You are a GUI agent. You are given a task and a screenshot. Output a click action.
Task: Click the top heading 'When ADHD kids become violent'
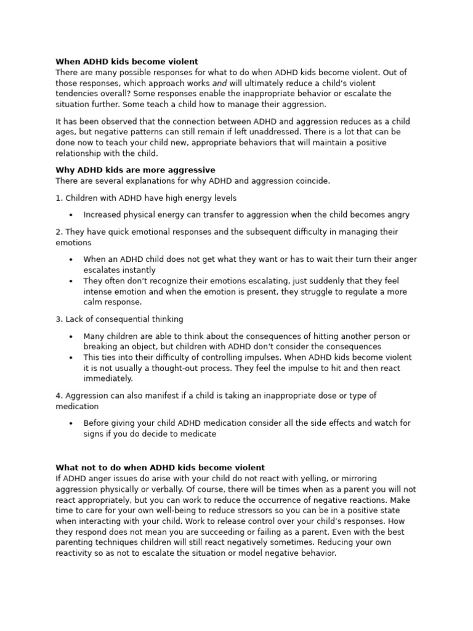click(127, 62)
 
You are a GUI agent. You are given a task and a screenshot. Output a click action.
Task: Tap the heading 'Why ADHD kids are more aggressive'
click(135, 170)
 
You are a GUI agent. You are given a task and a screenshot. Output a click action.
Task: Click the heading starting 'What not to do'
click(160, 468)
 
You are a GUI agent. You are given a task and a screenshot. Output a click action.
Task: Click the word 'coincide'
click(312, 181)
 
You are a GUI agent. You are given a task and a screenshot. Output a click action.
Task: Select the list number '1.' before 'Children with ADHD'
click(59, 198)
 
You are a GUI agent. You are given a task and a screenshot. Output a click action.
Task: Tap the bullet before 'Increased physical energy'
click(71, 216)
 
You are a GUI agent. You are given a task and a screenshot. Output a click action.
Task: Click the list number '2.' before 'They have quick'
click(59, 232)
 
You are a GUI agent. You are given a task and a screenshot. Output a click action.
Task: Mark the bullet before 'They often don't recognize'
click(71, 282)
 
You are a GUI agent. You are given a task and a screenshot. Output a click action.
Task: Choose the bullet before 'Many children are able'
click(71, 336)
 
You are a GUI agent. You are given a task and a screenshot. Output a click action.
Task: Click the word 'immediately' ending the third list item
click(108, 379)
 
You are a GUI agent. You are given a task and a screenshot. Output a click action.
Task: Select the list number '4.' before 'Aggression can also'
click(59, 396)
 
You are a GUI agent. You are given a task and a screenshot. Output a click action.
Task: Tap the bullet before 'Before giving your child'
click(71, 424)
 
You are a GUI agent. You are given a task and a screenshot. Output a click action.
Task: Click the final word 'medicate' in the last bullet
click(199, 434)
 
